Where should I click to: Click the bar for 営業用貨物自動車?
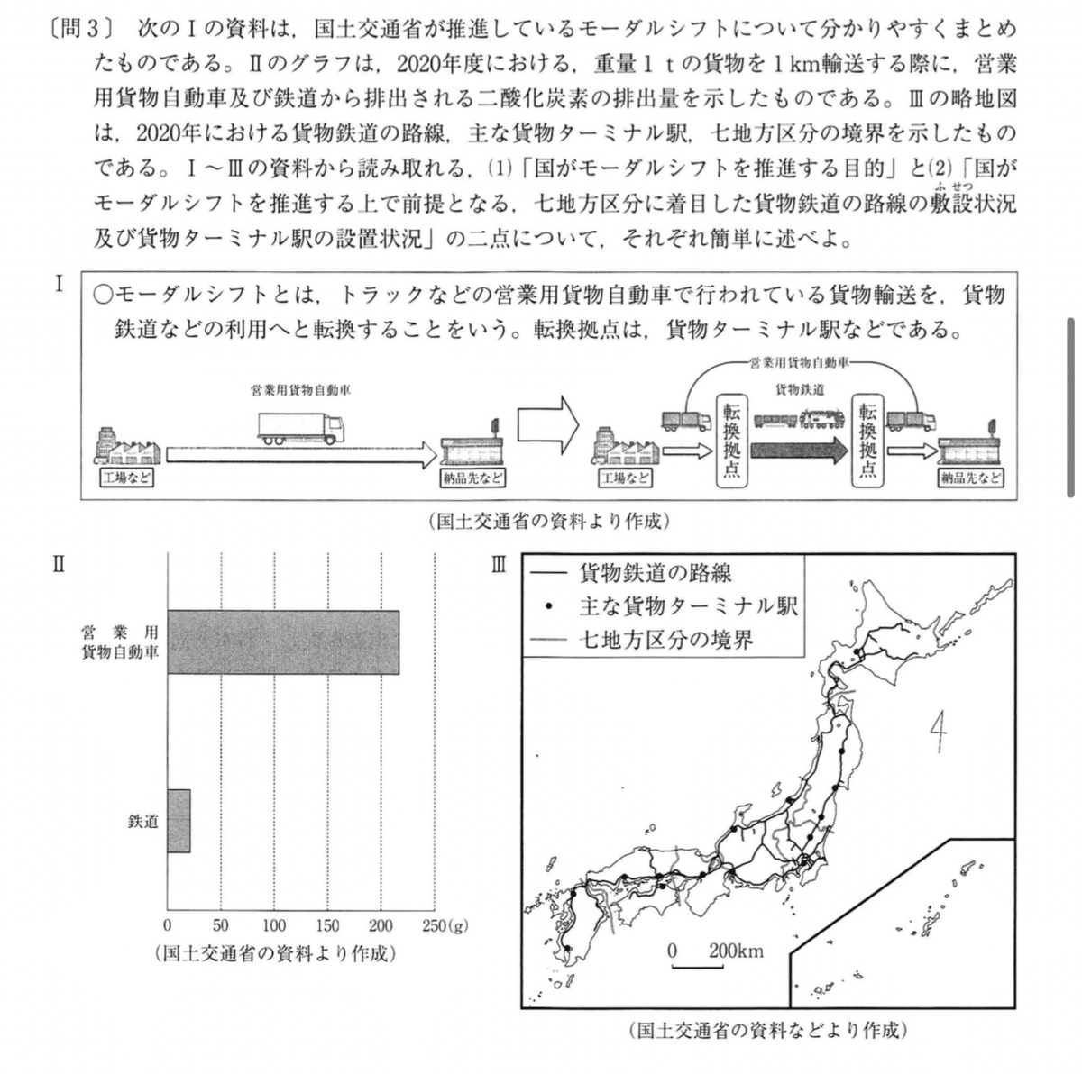click(x=283, y=642)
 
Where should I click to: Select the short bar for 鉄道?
click(x=179, y=821)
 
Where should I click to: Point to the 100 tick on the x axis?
click(x=274, y=925)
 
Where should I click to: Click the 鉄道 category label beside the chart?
click(x=143, y=821)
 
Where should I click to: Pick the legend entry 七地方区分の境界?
click(x=665, y=640)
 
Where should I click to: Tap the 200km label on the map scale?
click(x=736, y=951)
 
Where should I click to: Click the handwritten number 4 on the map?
click(x=939, y=736)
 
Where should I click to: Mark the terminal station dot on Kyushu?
click(x=567, y=949)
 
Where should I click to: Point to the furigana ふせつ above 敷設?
click(x=954, y=187)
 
